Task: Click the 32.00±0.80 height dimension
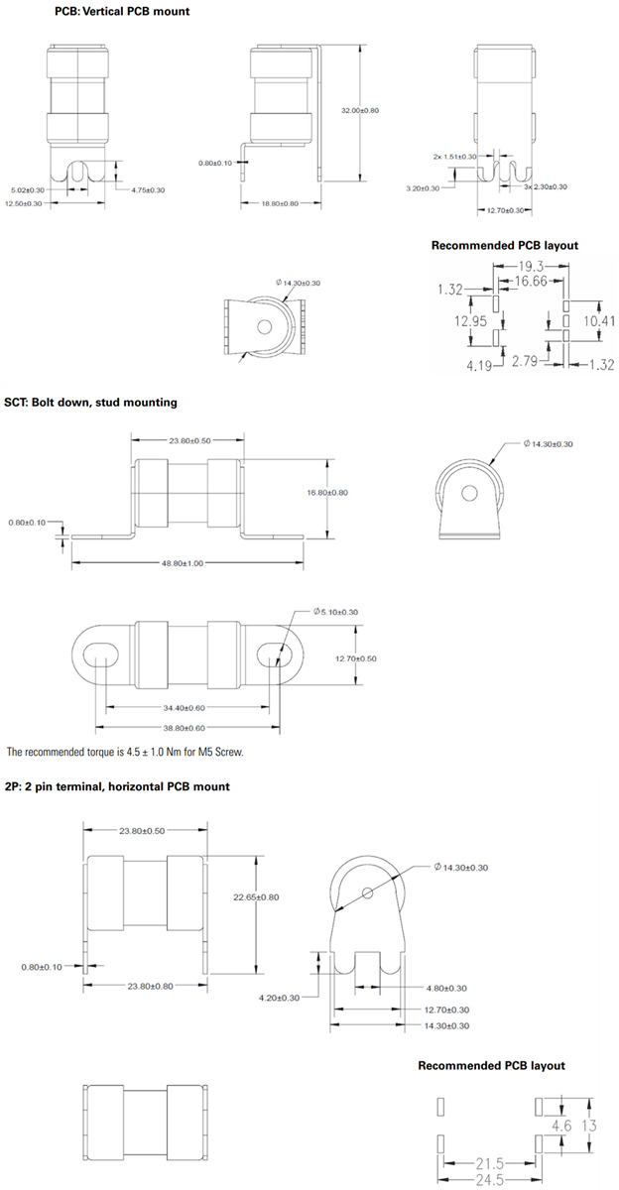(x=360, y=110)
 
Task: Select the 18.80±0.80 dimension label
(x=279, y=203)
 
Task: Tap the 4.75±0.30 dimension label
(x=148, y=189)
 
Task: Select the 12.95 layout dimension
(x=474, y=321)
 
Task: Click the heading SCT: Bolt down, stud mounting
(x=90, y=403)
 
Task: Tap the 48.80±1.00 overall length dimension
(x=183, y=563)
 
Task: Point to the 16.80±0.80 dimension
(x=355, y=492)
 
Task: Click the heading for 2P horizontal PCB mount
(x=117, y=786)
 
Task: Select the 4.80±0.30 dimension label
(x=446, y=988)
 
